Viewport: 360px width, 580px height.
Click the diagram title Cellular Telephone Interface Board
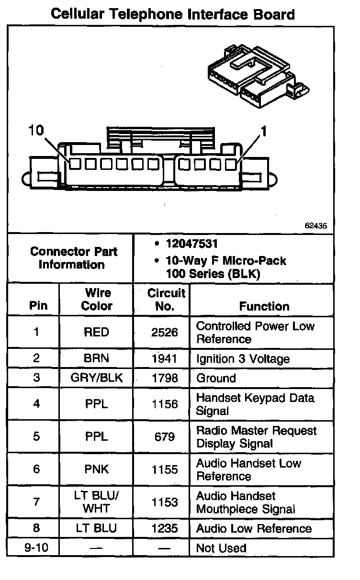coord(172,14)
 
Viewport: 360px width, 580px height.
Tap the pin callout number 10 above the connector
coord(36,130)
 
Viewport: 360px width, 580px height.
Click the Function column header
coord(264,306)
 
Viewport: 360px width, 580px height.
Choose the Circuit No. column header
coord(166,300)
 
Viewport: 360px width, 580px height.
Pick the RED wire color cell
coord(96,332)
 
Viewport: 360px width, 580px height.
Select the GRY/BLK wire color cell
coord(96,378)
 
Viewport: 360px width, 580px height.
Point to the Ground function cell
coord(216,378)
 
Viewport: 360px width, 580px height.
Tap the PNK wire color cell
coord(96,469)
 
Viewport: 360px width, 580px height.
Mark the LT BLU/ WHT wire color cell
coord(96,502)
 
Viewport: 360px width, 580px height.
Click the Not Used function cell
coord(221,548)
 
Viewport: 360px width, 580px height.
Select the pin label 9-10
coord(36,548)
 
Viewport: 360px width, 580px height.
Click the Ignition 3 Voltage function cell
coord(243,359)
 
